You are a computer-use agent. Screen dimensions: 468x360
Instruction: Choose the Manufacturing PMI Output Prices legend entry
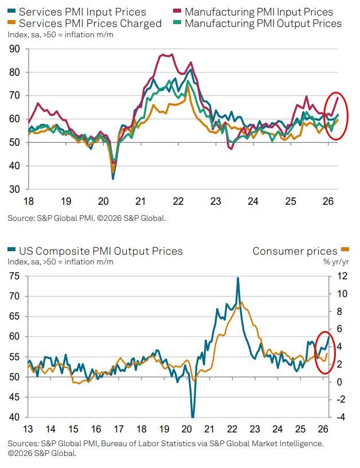tap(263, 24)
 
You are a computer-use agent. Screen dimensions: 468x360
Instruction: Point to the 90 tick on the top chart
tap(14, 49)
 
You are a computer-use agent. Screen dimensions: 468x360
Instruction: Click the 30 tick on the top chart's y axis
tap(14, 189)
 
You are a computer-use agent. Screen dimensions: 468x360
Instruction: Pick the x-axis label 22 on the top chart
tap(178, 201)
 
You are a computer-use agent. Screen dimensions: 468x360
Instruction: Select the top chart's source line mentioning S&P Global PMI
tap(87, 218)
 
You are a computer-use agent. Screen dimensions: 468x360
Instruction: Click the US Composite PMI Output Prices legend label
tap(101, 251)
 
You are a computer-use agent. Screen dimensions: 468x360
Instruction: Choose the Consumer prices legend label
tap(295, 251)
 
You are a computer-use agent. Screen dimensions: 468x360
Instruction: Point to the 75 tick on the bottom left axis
tap(14, 276)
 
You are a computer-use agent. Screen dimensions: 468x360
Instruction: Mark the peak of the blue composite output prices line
tap(237, 278)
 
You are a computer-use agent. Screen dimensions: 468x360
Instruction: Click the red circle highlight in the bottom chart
tap(324, 353)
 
